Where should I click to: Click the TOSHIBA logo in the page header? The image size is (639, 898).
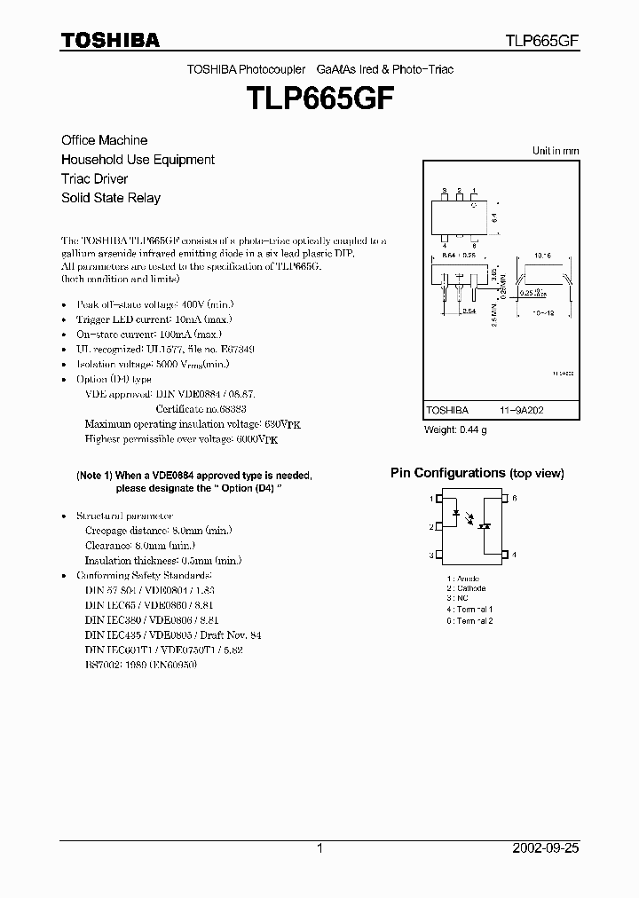pyautogui.click(x=110, y=40)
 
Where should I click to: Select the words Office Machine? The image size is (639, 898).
pyautogui.click(x=104, y=140)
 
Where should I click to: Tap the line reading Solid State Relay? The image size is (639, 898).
pyautogui.click(x=111, y=198)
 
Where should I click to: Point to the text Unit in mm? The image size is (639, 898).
pyautogui.click(x=556, y=151)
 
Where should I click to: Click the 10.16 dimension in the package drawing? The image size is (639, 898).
pyautogui.click(x=543, y=254)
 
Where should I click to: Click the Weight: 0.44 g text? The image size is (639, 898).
pyautogui.click(x=455, y=430)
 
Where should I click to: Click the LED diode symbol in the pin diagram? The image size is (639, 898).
pyautogui.click(x=458, y=513)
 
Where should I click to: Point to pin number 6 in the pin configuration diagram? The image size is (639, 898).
pyautogui.click(x=514, y=499)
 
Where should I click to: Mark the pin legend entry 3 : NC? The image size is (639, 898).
pyautogui.click(x=460, y=599)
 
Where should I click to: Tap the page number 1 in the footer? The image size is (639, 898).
pyautogui.click(x=319, y=848)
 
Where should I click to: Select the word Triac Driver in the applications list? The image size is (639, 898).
pyautogui.click(x=99, y=178)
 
